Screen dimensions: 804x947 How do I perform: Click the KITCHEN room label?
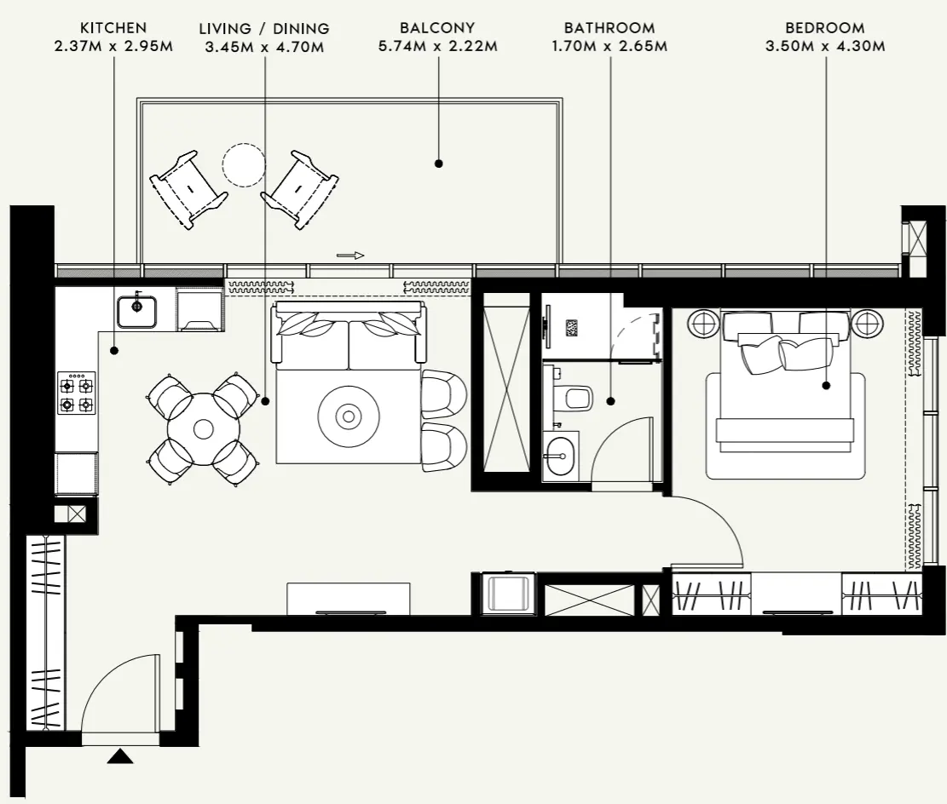coord(113,28)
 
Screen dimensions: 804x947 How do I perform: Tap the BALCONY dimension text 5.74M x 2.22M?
coord(437,45)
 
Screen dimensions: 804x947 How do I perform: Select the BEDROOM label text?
coord(824,28)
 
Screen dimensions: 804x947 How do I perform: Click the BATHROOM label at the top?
coord(609,28)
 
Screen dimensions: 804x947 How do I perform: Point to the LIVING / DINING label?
coord(264,29)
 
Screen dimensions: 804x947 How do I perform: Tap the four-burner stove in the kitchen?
coord(76,393)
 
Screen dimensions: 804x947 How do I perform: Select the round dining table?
coord(203,428)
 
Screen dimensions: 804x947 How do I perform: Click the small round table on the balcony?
coord(245,164)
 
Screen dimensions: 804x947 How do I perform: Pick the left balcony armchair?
coord(188,188)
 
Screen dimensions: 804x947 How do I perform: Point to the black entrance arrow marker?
coord(120,755)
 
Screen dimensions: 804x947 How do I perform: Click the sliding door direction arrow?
coord(349,255)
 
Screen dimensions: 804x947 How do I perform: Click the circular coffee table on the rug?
coord(348,416)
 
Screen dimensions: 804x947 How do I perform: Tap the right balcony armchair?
coord(300,188)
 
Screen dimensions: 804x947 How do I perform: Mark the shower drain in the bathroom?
coord(572,327)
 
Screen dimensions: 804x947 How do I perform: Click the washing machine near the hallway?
coord(508,593)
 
